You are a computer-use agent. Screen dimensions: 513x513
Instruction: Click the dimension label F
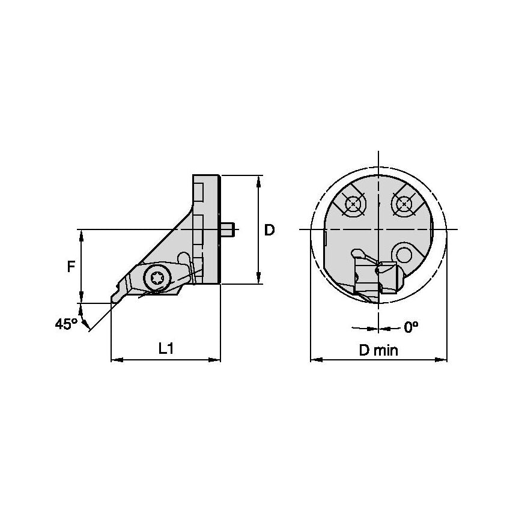click(71, 266)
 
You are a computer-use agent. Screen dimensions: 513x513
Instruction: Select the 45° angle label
click(66, 324)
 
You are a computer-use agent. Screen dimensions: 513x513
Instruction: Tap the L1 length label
click(166, 348)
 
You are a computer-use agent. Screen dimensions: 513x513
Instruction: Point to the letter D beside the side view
click(270, 229)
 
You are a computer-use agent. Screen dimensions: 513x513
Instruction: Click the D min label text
click(378, 350)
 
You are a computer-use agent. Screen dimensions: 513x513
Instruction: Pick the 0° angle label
click(411, 327)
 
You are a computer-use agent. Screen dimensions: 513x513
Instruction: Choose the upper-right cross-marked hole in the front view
click(404, 205)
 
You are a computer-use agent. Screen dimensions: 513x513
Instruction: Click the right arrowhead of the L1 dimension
click(217, 360)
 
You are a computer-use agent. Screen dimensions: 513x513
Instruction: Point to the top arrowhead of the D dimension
click(259, 180)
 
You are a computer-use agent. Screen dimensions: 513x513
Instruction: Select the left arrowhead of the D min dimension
click(314, 360)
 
